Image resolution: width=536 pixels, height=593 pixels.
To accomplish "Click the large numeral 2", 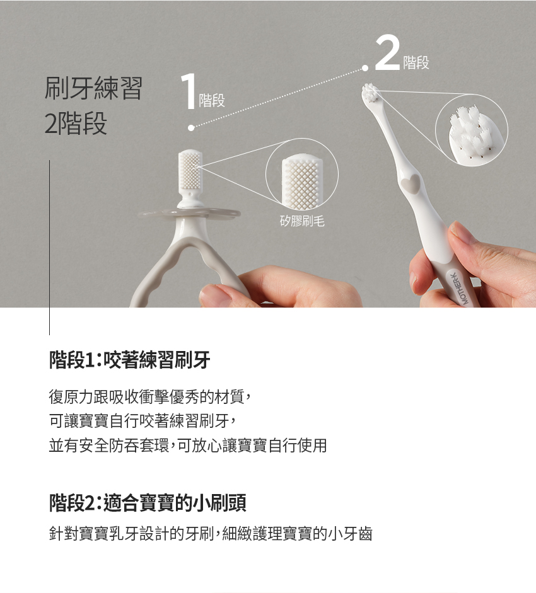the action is [x=388, y=53].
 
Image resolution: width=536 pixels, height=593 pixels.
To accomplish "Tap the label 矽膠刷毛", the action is [x=302, y=221].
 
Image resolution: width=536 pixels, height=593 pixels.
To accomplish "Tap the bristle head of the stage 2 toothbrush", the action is [x=371, y=93].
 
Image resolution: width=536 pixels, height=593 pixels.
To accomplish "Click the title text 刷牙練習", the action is [x=93, y=88].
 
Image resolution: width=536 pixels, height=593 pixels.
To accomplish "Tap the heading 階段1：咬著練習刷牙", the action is [x=129, y=360].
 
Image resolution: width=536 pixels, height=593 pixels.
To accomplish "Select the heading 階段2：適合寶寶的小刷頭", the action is [x=148, y=503].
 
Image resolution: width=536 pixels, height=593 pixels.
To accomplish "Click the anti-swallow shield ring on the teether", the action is [x=189, y=215].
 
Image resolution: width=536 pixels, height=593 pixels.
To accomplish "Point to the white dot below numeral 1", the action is [x=191, y=128].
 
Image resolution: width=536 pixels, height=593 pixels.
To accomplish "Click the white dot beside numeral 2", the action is [x=365, y=68].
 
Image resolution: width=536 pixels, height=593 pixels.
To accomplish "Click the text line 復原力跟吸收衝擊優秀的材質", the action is [x=150, y=396].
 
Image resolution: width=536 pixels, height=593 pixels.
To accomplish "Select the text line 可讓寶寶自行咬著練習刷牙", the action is [x=143, y=420].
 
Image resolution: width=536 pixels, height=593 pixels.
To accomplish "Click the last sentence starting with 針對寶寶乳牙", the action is [x=211, y=534].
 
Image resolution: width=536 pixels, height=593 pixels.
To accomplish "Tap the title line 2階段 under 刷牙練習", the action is [x=76, y=124].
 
